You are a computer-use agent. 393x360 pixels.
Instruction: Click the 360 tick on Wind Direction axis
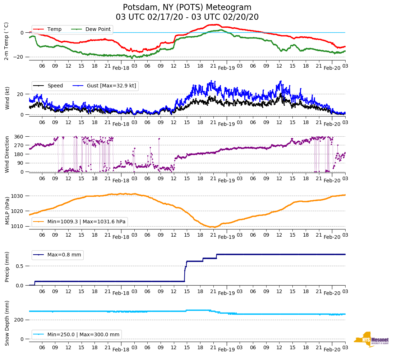(x=19, y=137)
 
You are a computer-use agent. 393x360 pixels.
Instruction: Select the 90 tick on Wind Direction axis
(x=20, y=163)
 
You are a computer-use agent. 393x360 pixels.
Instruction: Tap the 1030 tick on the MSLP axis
(x=18, y=196)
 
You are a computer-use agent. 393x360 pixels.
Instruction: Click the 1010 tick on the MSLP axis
(x=18, y=226)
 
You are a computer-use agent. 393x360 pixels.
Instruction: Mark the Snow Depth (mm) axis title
(x=7, y=323)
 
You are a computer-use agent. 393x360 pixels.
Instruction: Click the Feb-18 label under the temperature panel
(x=121, y=68)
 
